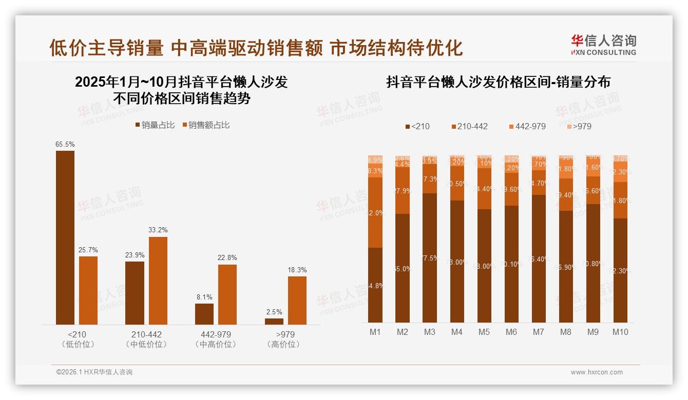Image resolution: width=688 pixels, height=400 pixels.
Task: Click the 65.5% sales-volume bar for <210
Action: [65, 237]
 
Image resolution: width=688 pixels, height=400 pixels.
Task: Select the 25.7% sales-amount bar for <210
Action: [88, 290]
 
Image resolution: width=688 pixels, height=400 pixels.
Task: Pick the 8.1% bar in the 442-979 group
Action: [204, 314]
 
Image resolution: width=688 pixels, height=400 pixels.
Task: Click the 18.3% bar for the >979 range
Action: [297, 301]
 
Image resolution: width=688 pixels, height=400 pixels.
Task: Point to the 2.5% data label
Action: [274, 312]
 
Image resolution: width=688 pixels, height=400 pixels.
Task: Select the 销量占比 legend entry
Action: [155, 125]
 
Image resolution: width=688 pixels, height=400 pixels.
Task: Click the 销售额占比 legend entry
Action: [206, 125]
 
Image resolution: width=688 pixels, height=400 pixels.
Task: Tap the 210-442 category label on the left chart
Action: [146, 334]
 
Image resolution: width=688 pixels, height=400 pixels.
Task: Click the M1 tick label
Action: [375, 332]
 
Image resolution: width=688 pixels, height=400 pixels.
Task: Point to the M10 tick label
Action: [620, 332]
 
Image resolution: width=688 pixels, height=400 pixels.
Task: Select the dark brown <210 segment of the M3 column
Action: [430, 257]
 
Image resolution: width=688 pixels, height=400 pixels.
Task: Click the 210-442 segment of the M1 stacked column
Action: [375, 212]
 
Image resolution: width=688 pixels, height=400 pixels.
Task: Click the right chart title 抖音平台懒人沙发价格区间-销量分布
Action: [498, 82]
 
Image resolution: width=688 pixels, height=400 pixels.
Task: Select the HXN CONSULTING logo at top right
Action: [603, 45]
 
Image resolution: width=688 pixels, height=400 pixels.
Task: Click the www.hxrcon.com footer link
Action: [597, 372]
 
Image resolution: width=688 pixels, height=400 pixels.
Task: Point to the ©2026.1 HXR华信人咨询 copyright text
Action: [94, 372]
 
